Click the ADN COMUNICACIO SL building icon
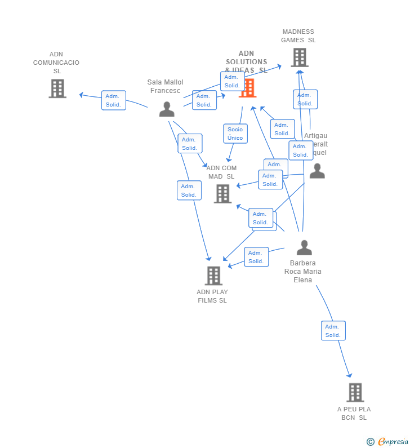click(x=57, y=88)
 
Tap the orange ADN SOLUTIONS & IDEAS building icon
click(x=248, y=88)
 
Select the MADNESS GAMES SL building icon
click(x=300, y=57)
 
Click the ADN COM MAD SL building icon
click(x=223, y=193)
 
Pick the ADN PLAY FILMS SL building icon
click(x=213, y=276)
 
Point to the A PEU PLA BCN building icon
click(x=355, y=392)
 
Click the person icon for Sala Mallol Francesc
click(x=167, y=109)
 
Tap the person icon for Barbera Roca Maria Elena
click(x=304, y=247)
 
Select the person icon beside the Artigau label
click(x=317, y=171)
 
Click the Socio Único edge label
click(x=235, y=134)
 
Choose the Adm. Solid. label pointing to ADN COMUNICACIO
click(x=113, y=100)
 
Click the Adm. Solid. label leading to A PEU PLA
click(x=333, y=331)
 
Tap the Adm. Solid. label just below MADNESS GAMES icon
click(x=305, y=99)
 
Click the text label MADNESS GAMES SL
click(x=298, y=36)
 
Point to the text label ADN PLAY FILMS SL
click(x=212, y=296)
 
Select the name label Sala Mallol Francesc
click(x=165, y=86)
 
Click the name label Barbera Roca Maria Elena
click(x=303, y=271)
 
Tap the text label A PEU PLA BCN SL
click(x=354, y=413)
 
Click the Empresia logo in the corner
click(x=388, y=441)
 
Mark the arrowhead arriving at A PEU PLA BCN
click(x=350, y=375)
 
